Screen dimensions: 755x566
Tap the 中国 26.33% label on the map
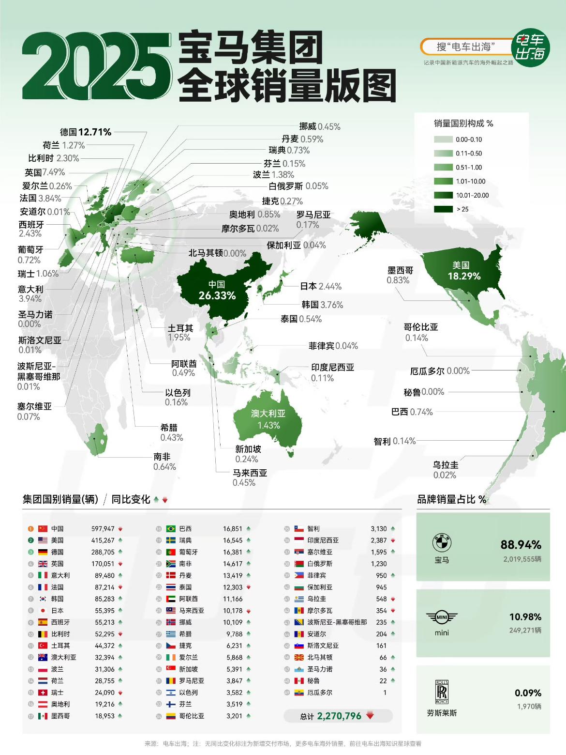pos(217,290)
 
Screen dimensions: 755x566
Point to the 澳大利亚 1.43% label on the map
pos(268,419)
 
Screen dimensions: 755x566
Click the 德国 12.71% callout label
pos(86,132)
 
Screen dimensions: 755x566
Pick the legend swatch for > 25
pos(442,209)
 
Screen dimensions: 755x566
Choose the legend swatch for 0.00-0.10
pos(442,139)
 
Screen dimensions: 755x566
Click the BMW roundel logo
pos(442,542)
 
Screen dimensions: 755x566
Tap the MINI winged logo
pos(442,617)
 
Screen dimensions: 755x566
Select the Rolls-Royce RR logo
pos(442,692)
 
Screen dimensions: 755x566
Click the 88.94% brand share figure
pos(521,545)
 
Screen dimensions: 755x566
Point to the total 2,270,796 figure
pos(339,716)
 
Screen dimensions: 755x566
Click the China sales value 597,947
pos(103,529)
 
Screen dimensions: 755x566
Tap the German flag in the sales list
pos(43,552)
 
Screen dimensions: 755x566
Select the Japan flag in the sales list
pos(43,611)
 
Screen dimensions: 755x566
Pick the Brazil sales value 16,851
pos(233,529)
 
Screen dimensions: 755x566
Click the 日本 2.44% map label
pos(321,286)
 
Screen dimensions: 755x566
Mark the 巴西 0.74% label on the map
pos(412,412)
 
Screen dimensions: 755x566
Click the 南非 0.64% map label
pos(164,462)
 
